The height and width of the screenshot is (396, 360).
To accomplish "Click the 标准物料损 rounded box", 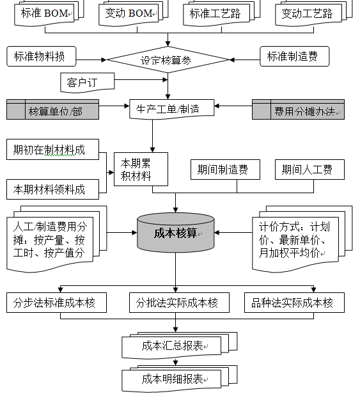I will click(x=40, y=56).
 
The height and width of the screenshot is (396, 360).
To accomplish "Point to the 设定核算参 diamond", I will click(x=168, y=60).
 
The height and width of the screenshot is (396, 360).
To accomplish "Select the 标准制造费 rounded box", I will click(x=295, y=56).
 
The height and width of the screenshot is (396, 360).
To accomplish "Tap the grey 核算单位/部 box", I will click(x=53, y=109).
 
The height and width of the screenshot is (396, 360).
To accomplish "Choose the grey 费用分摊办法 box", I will click(x=298, y=109).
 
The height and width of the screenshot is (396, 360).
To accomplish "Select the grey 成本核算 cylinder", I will click(x=176, y=234).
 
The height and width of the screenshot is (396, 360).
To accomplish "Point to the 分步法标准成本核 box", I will click(x=56, y=303).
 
